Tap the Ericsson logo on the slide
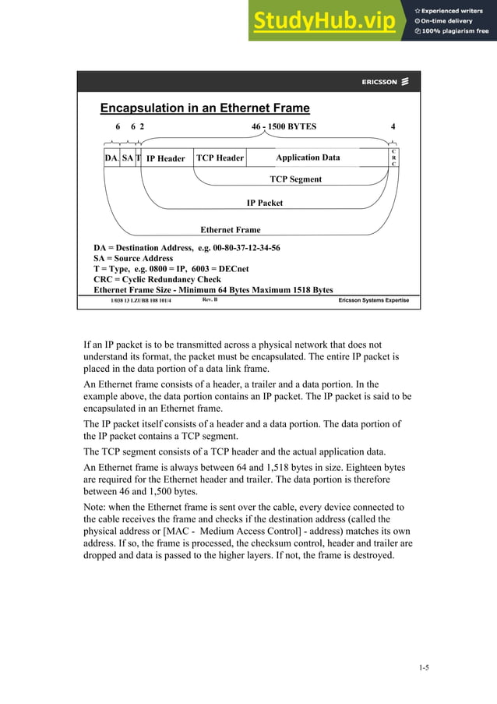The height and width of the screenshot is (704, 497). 385,82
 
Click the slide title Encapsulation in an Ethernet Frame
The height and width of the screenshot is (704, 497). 205,108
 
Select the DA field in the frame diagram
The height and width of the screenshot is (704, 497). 111,157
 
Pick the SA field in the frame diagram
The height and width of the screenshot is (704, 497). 128,157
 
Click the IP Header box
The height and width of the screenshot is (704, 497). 166,158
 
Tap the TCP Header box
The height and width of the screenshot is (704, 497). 220,157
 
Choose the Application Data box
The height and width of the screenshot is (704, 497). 308,157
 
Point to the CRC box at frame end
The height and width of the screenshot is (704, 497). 393,157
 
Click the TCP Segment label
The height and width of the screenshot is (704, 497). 295,179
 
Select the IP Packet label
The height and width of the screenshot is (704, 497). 265,203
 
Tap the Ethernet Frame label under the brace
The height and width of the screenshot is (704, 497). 231,230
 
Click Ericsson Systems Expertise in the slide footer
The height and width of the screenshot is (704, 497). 373,300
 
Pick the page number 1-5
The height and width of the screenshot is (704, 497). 424,667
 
